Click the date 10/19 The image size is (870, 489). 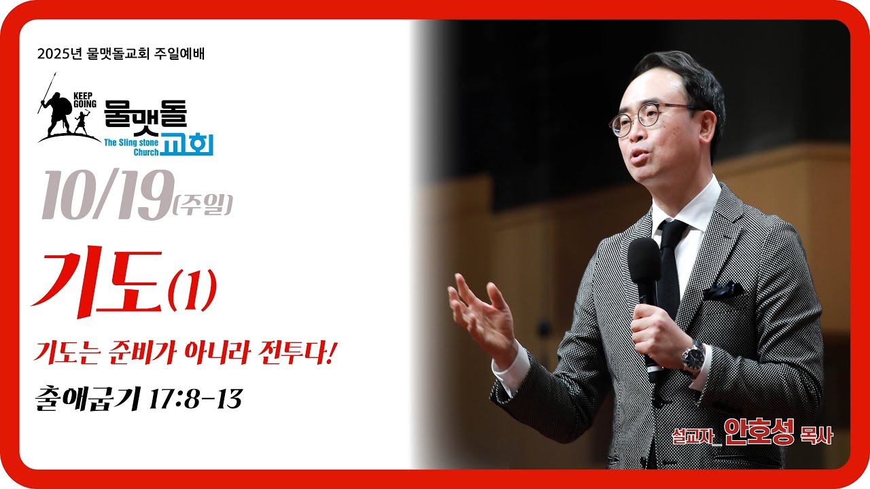105,196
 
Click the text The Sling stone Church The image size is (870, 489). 131,147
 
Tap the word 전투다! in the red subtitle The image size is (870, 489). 300,354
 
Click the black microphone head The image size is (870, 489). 644,261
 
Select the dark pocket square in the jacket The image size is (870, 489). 723,291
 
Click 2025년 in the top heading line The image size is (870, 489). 60,54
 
